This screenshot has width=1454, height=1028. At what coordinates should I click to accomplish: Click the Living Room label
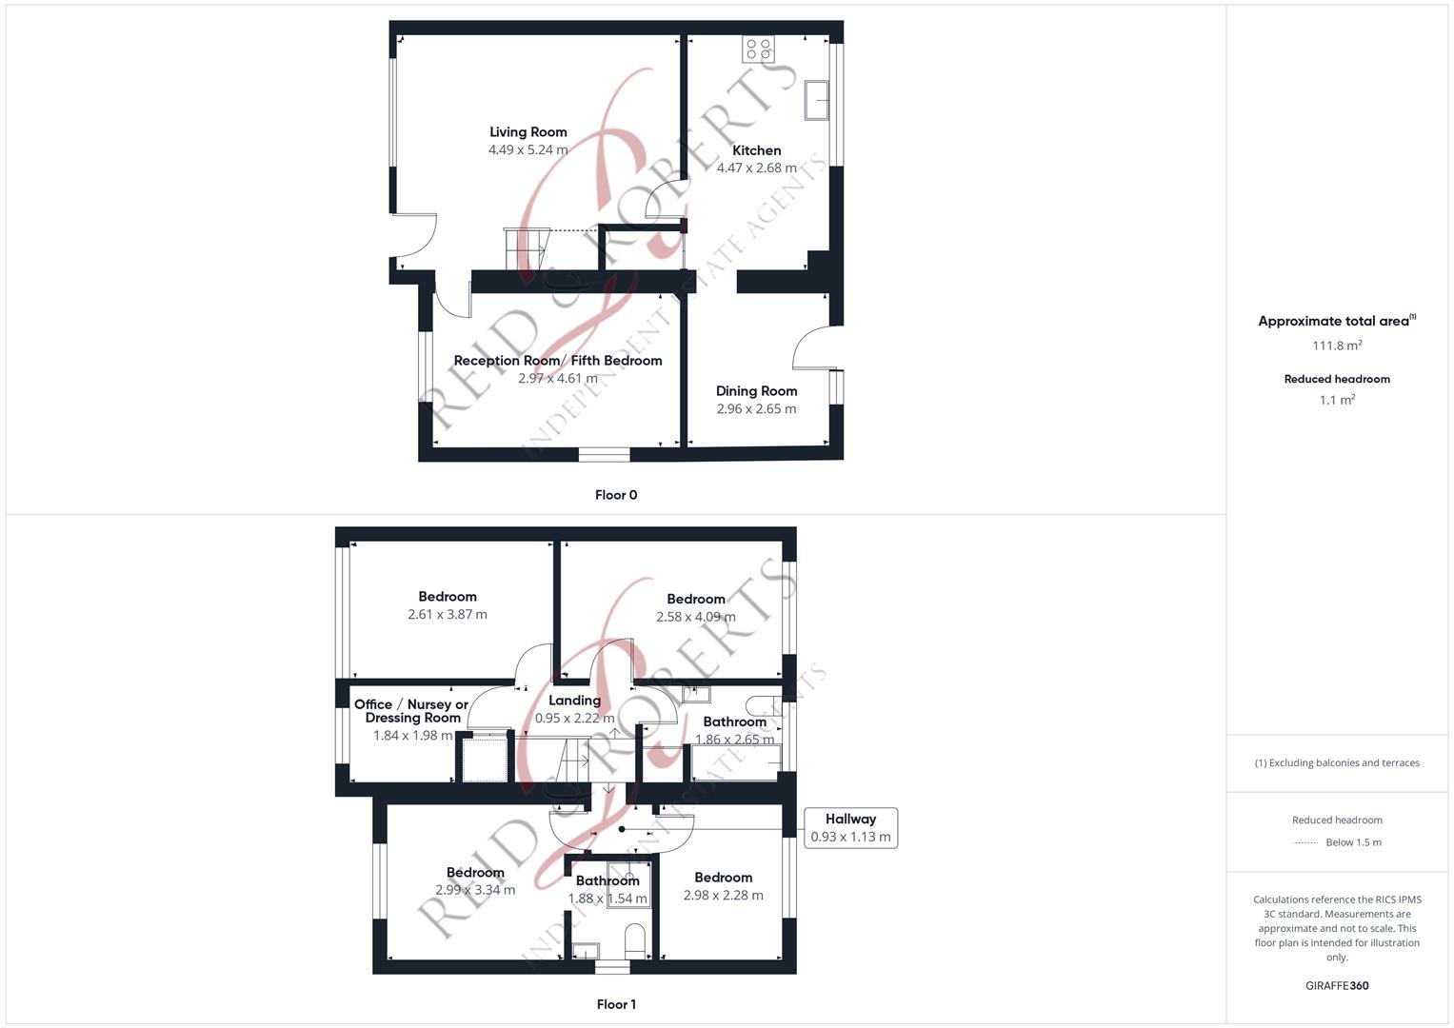(528, 132)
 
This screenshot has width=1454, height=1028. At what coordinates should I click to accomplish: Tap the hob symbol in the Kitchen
(758, 49)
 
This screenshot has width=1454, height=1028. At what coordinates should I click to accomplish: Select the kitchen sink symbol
(816, 100)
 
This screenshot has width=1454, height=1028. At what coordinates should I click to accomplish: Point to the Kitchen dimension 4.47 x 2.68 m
(756, 168)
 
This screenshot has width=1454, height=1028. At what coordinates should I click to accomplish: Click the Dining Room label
(756, 391)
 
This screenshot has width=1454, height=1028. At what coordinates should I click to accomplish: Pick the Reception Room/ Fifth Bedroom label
(557, 361)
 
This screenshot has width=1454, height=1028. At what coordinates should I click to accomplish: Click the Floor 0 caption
(616, 495)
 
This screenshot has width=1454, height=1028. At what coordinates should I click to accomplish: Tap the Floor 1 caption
(616, 1004)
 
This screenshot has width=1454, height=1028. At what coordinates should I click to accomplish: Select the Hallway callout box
(850, 827)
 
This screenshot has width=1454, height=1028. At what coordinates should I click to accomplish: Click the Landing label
(574, 701)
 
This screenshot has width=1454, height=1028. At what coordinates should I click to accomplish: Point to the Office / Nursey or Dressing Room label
(411, 711)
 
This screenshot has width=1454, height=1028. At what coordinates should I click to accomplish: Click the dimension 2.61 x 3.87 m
(447, 615)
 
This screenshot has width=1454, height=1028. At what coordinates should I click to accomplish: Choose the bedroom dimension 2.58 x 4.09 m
(695, 617)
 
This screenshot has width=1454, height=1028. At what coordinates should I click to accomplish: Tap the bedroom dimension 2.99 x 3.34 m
(475, 891)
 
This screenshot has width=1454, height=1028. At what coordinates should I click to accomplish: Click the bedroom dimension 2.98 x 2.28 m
(723, 896)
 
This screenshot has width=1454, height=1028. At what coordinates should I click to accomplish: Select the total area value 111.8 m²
(1337, 346)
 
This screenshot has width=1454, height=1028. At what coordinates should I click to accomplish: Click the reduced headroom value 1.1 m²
(1337, 400)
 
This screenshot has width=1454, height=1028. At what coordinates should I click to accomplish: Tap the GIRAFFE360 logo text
(1337, 986)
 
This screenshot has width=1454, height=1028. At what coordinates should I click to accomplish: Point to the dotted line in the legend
(1305, 842)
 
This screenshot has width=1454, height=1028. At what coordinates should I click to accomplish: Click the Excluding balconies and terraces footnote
(1337, 762)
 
